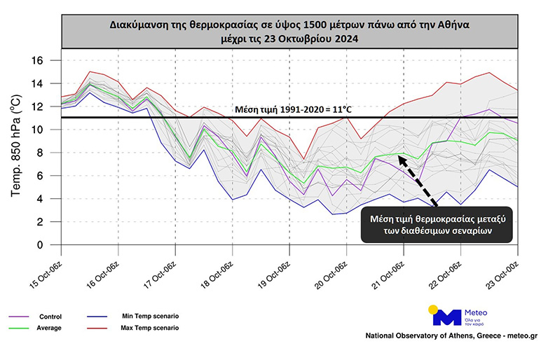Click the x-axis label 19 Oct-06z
tap(276, 269)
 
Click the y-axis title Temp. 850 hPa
tap(18, 146)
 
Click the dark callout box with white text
tap(437, 225)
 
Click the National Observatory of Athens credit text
tap(451, 336)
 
